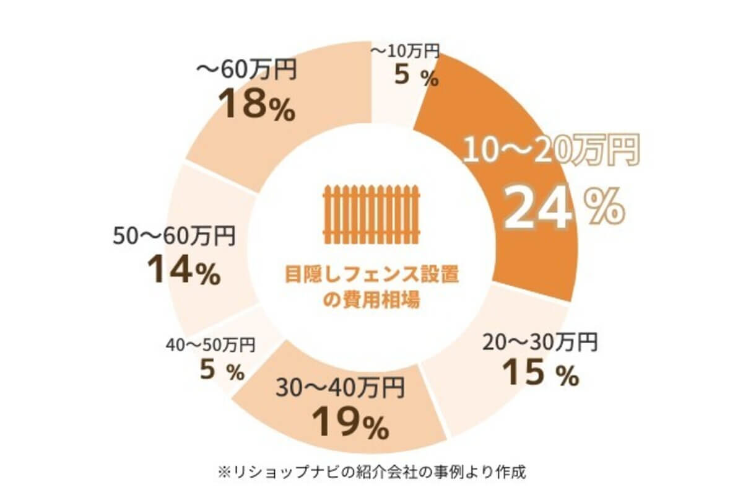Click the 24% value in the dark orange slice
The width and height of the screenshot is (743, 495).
click(x=561, y=209)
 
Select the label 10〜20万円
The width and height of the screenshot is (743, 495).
click(x=550, y=151)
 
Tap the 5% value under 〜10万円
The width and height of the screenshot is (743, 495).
click(x=415, y=77)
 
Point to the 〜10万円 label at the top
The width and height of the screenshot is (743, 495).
click(x=406, y=51)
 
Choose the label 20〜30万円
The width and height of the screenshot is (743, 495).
click(x=539, y=341)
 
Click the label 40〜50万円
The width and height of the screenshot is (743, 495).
click(x=211, y=343)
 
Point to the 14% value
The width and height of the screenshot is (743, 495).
click(x=183, y=271)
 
